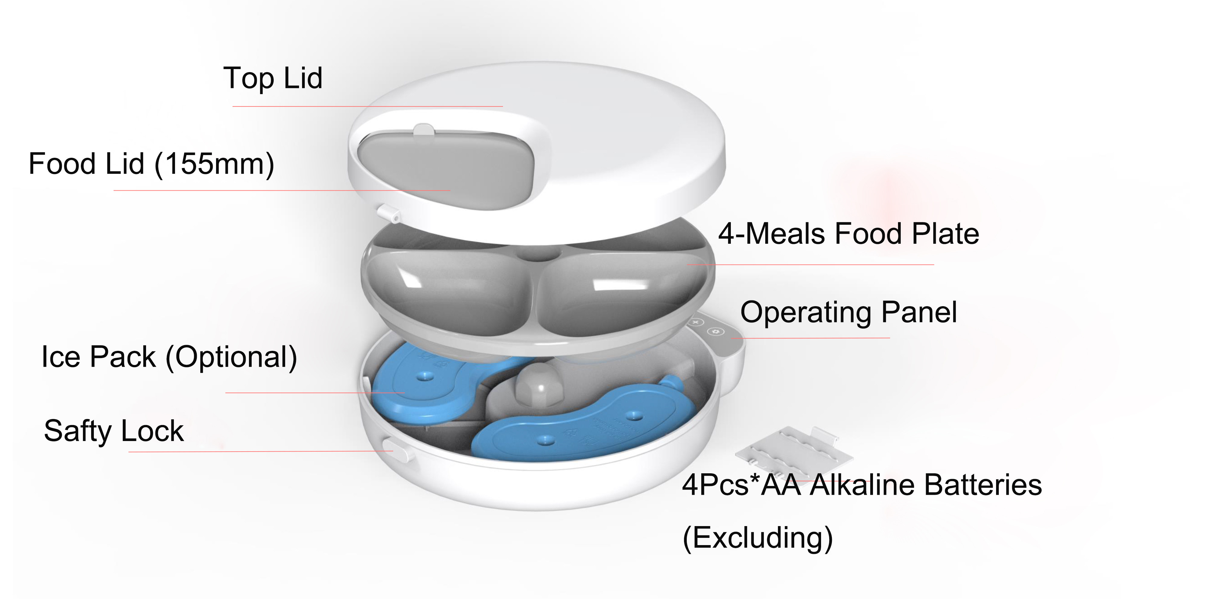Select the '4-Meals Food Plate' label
[x=848, y=234]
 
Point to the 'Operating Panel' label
[x=848, y=313]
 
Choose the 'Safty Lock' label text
[x=114, y=431]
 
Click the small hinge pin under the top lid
[x=390, y=214]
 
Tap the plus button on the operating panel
[x=696, y=322]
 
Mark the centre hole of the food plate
[x=539, y=253]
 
